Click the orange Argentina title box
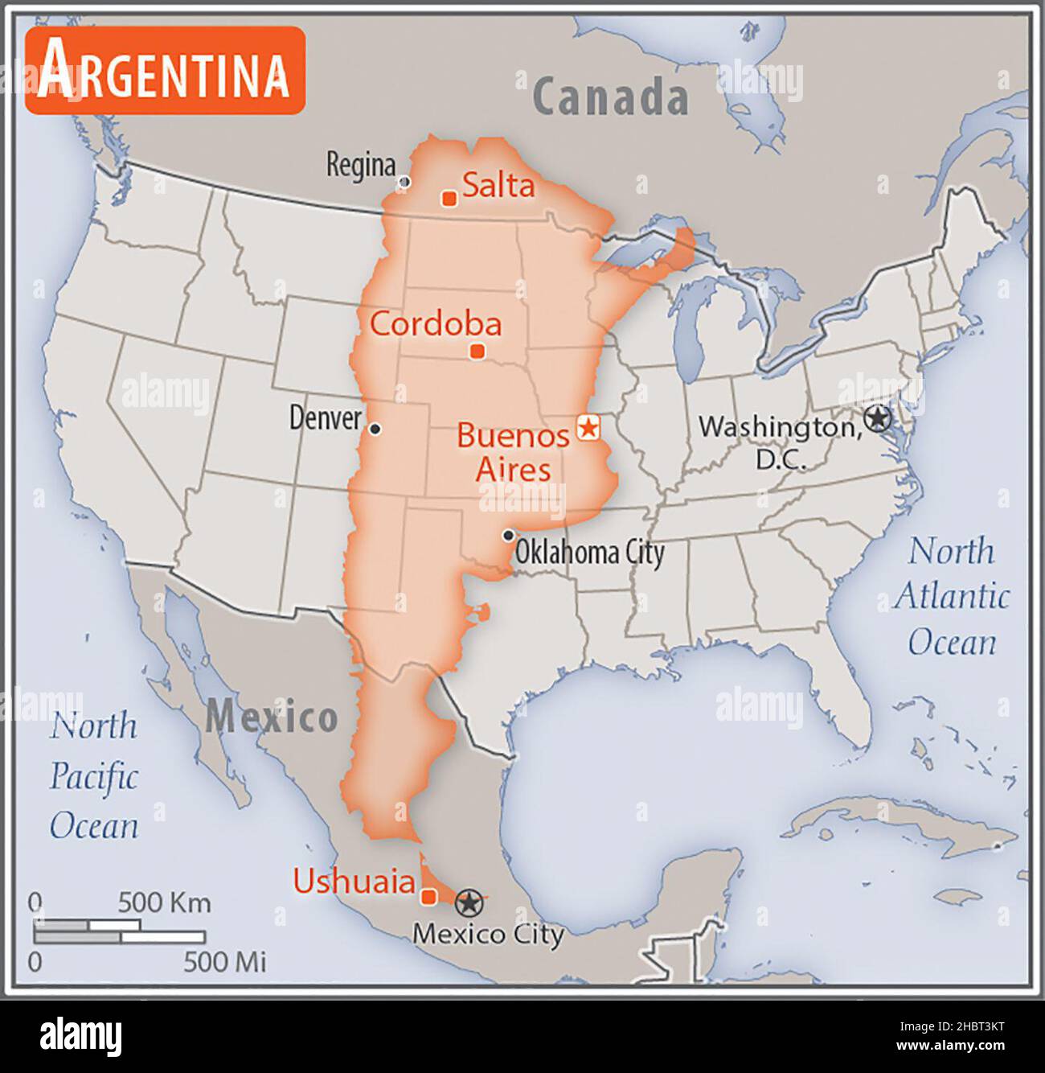point(165,71)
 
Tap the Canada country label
point(610,97)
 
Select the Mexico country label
point(271,717)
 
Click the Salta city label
point(498,186)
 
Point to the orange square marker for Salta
point(449,198)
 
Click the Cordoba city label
point(436,323)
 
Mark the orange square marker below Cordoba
point(477,351)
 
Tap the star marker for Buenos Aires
point(588,427)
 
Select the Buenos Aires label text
point(513,452)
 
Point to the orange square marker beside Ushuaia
point(429,896)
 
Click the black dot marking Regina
point(404,182)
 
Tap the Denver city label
point(325,418)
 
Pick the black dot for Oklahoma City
point(508,535)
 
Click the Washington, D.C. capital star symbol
point(878,418)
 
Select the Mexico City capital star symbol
point(469,903)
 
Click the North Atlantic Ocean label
point(951,597)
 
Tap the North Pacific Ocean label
point(94,776)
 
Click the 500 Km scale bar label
point(164,902)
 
